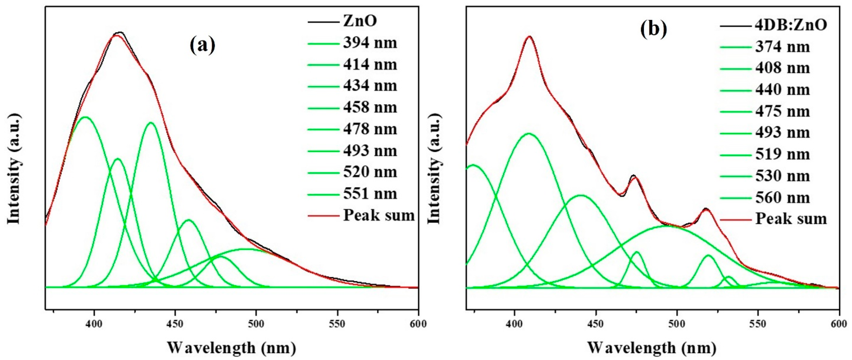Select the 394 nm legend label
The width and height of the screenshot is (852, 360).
(x=370, y=43)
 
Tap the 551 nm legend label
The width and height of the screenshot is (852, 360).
(x=370, y=194)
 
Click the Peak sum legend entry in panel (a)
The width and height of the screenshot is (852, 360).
(x=379, y=215)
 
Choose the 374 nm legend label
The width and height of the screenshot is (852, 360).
(x=782, y=47)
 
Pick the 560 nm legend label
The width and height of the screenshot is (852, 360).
(x=782, y=198)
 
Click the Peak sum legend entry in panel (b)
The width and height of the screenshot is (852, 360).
(x=791, y=219)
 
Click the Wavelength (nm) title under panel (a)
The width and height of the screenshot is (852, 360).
(x=232, y=347)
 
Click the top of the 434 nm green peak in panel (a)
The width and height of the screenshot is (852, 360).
(x=151, y=123)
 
